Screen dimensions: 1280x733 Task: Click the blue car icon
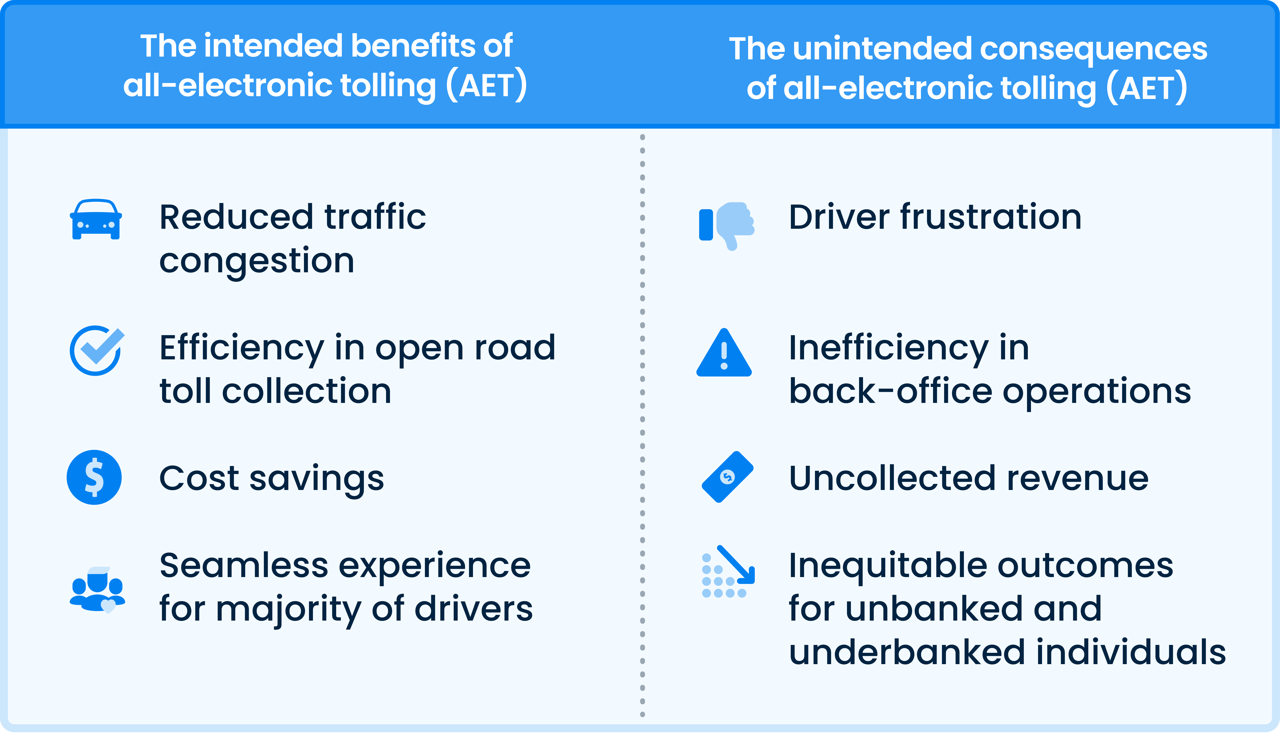coord(96,220)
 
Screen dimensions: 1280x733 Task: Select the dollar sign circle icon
coord(94,477)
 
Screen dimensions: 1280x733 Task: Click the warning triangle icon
coord(724,353)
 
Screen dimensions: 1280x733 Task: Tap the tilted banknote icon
coord(727,477)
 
